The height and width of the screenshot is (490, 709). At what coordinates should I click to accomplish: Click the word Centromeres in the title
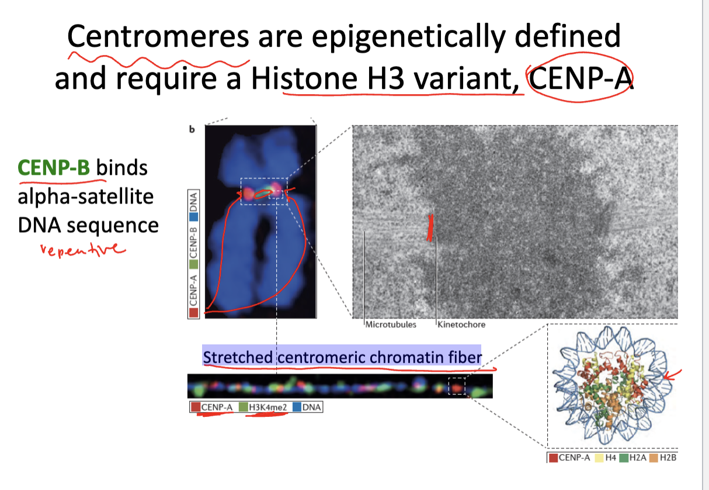(158, 36)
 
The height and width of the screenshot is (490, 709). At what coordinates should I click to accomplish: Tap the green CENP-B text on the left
(54, 167)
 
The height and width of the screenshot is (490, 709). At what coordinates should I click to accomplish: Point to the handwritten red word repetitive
(83, 250)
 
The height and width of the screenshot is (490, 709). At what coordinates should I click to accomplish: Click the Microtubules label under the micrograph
(391, 325)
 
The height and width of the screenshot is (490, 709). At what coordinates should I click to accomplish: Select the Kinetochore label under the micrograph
(461, 325)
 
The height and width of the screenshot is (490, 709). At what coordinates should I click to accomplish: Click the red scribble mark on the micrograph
(430, 227)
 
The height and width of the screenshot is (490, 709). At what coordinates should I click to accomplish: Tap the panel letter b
(192, 129)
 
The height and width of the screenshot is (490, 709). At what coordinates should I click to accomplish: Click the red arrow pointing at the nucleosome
(672, 375)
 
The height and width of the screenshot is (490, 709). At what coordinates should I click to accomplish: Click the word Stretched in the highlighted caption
(238, 357)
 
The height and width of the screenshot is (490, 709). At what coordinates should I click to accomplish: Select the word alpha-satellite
(86, 196)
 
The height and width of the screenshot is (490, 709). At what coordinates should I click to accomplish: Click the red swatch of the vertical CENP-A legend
(194, 312)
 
